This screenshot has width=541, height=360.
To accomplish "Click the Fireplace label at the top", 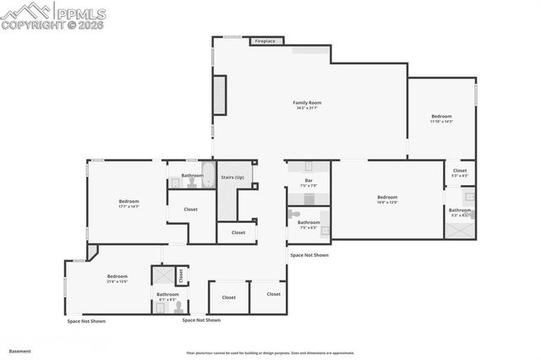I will pyautogui.click(x=265, y=41).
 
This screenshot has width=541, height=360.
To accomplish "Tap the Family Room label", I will pyautogui.click(x=308, y=102).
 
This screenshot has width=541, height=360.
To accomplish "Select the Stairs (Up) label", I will pyautogui.click(x=232, y=177).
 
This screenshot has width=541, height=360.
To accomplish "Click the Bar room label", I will pyautogui.click(x=309, y=181).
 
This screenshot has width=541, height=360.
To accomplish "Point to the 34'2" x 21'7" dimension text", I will pyautogui.click(x=308, y=108).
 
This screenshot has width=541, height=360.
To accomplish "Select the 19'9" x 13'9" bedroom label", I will pyautogui.click(x=387, y=199).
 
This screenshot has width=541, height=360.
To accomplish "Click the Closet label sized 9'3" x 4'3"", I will pyautogui.click(x=459, y=172).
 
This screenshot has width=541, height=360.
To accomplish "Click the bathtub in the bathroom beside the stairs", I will pyautogui.click(x=203, y=182).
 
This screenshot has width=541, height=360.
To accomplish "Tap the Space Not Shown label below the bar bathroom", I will pyautogui.click(x=309, y=254).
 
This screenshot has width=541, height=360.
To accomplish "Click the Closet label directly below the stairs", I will pyautogui.click(x=238, y=232).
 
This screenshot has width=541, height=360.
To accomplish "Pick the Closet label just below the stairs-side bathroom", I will pyautogui.click(x=190, y=209).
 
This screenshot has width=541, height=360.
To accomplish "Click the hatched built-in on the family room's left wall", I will pyautogui.click(x=220, y=95).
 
